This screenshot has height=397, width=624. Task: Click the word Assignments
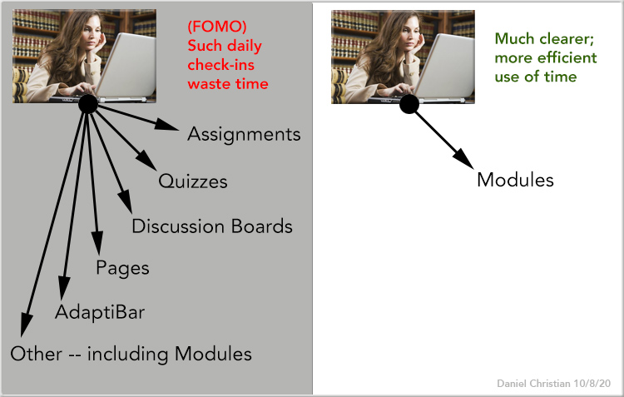[244, 134]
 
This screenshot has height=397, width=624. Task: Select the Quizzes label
[193, 181]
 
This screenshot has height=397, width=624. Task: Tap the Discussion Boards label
[212, 226]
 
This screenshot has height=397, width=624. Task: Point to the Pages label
[122, 268]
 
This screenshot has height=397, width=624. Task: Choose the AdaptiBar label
[100, 312]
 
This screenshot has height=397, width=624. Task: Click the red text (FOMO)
[217, 27]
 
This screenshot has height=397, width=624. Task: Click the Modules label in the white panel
[515, 180]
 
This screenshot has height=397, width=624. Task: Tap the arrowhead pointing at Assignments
[167, 124]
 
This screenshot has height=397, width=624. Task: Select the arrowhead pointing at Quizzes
[147, 161]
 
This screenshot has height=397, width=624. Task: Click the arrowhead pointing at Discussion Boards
[126, 201]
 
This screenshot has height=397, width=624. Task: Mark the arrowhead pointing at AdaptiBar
[64, 287]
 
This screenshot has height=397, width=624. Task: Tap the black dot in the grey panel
[88, 104]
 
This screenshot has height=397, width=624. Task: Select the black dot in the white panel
[409, 104]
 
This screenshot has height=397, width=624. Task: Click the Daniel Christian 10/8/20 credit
[553, 384]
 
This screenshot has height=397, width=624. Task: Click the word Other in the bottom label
[37, 354]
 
